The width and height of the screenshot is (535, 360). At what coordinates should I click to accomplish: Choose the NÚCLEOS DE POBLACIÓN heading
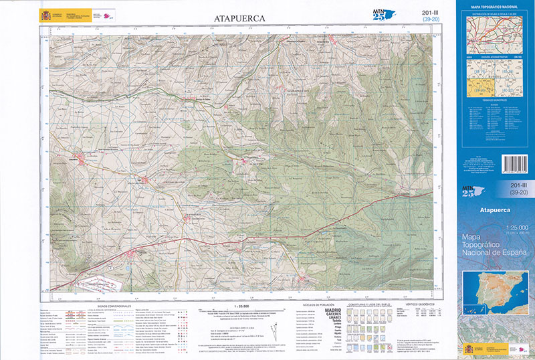pyautogui.click(x=317, y=304)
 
